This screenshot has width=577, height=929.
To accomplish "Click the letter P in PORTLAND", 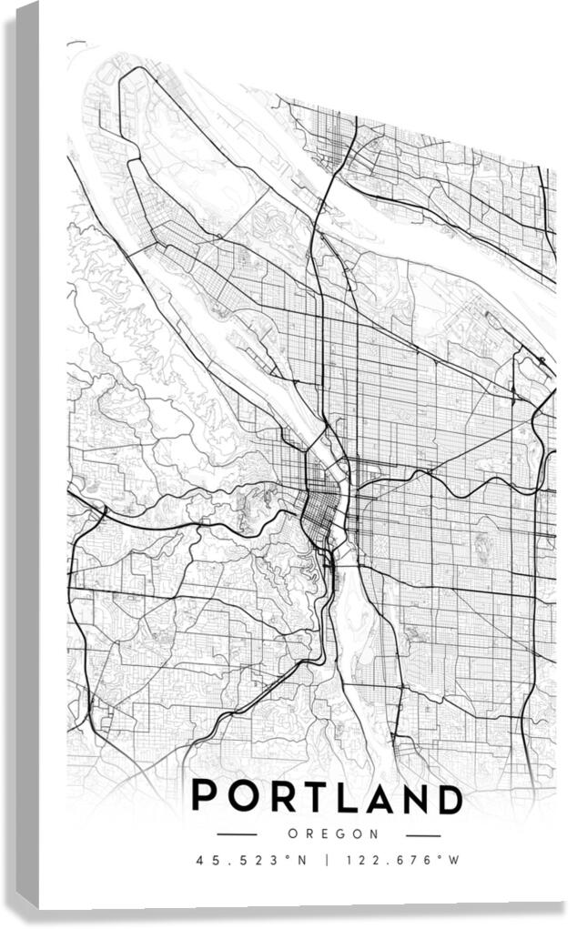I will pos(206,797).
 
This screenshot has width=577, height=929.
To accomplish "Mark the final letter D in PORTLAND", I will pos(449,797).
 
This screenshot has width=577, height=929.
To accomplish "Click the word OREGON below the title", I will pos(333,833).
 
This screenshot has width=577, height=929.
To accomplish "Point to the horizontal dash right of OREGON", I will pos(423,834).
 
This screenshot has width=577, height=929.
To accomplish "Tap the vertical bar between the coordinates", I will pos(327,860).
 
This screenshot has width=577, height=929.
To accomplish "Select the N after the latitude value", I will pos(306,860).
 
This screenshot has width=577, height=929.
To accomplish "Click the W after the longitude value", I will pos(455,860).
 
